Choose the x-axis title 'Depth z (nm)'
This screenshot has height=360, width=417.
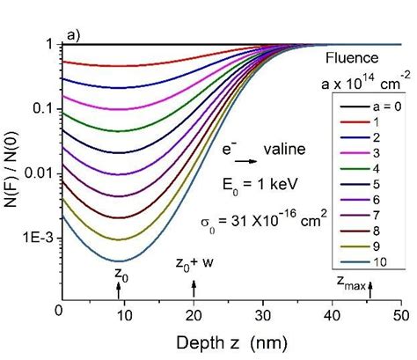[229, 339]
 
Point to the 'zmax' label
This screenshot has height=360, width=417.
[352, 282]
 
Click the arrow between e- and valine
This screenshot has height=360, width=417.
[247, 162]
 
